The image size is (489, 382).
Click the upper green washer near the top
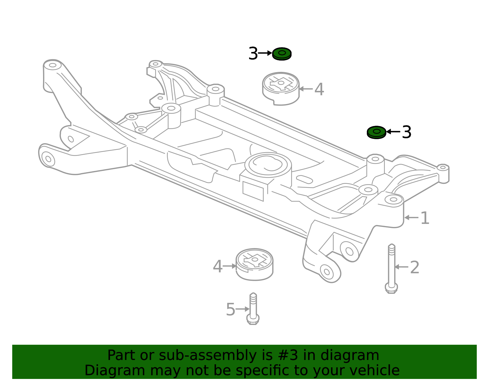coord(282,54)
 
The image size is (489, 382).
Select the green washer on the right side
coord(377,132)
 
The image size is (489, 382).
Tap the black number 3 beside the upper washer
coord(253,54)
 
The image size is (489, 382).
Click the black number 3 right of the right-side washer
coord(406,132)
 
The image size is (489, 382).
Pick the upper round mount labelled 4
coord(281,88)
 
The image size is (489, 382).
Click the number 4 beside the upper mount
coord(319,89)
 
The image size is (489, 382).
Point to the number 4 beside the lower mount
coord(217,266)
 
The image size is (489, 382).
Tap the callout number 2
coord(414,267)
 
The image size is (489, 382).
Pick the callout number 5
coord(230,310)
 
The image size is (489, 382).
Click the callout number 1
coord(425,218)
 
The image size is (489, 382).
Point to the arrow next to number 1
coord(411,218)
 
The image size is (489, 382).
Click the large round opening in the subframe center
coord(268,165)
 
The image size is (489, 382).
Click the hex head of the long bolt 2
coord(391,288)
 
